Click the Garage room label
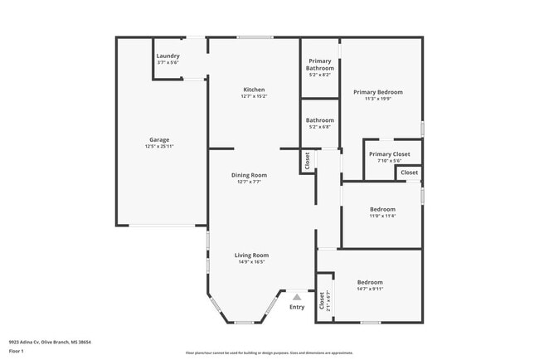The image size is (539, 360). [159, 139]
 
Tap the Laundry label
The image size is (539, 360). [168, 56]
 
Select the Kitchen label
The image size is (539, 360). [253, 90]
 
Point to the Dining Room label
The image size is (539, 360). [249, 175]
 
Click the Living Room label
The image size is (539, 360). [251, 255]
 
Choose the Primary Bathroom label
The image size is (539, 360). [320, 64]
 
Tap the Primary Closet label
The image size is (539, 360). [389, 154]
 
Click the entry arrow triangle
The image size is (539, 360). [297, 296]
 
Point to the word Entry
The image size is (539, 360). [297, 307]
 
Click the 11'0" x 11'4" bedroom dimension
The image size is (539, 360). [382, 216]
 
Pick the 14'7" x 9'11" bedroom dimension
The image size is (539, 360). [370, 289]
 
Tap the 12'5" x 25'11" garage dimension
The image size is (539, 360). [159, 147]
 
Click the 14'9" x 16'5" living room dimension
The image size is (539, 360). [251, 262]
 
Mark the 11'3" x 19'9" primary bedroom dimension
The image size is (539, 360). [377, 99]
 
